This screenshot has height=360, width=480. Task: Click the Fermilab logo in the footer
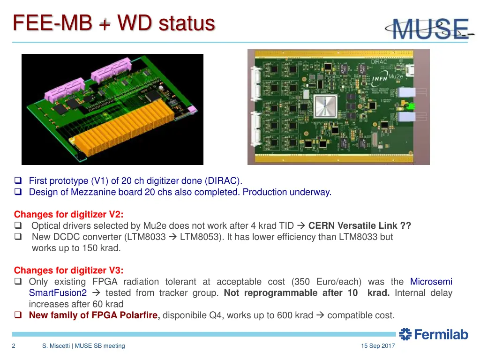click(434, 334)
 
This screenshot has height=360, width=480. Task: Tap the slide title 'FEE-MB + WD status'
click(114, 23)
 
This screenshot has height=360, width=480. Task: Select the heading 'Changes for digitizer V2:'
click(69, 215)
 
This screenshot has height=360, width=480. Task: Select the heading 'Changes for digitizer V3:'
click(69, 270)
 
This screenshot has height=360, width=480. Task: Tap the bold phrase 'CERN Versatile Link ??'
click(360, 226)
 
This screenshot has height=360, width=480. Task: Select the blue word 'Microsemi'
click(431, 282)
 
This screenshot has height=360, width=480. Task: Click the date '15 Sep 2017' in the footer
click(378, 346)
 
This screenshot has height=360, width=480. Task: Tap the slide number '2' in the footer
click(14, 346)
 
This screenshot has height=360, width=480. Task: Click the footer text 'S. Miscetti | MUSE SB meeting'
click(83, 346)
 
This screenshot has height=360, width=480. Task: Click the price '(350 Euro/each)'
click(326, 282)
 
